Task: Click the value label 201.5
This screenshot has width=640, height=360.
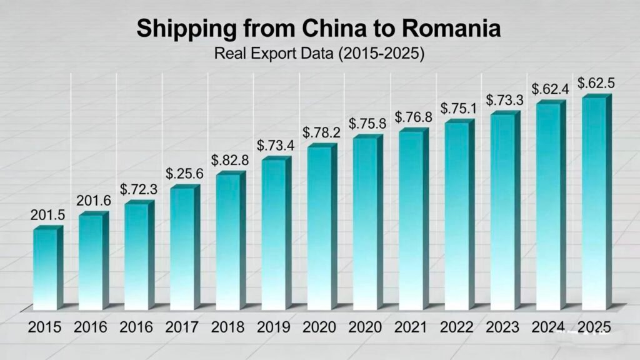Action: point(47,215)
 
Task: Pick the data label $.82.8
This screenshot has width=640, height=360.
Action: point(229,160)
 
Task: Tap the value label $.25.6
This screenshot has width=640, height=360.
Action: point(184,174)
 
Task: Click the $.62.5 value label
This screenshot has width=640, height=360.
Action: point(596,83)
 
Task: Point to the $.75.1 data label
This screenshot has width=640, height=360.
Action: point(459,108)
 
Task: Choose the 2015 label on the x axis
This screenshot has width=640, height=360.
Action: point(44,327)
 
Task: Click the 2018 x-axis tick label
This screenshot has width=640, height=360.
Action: point(227,327)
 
